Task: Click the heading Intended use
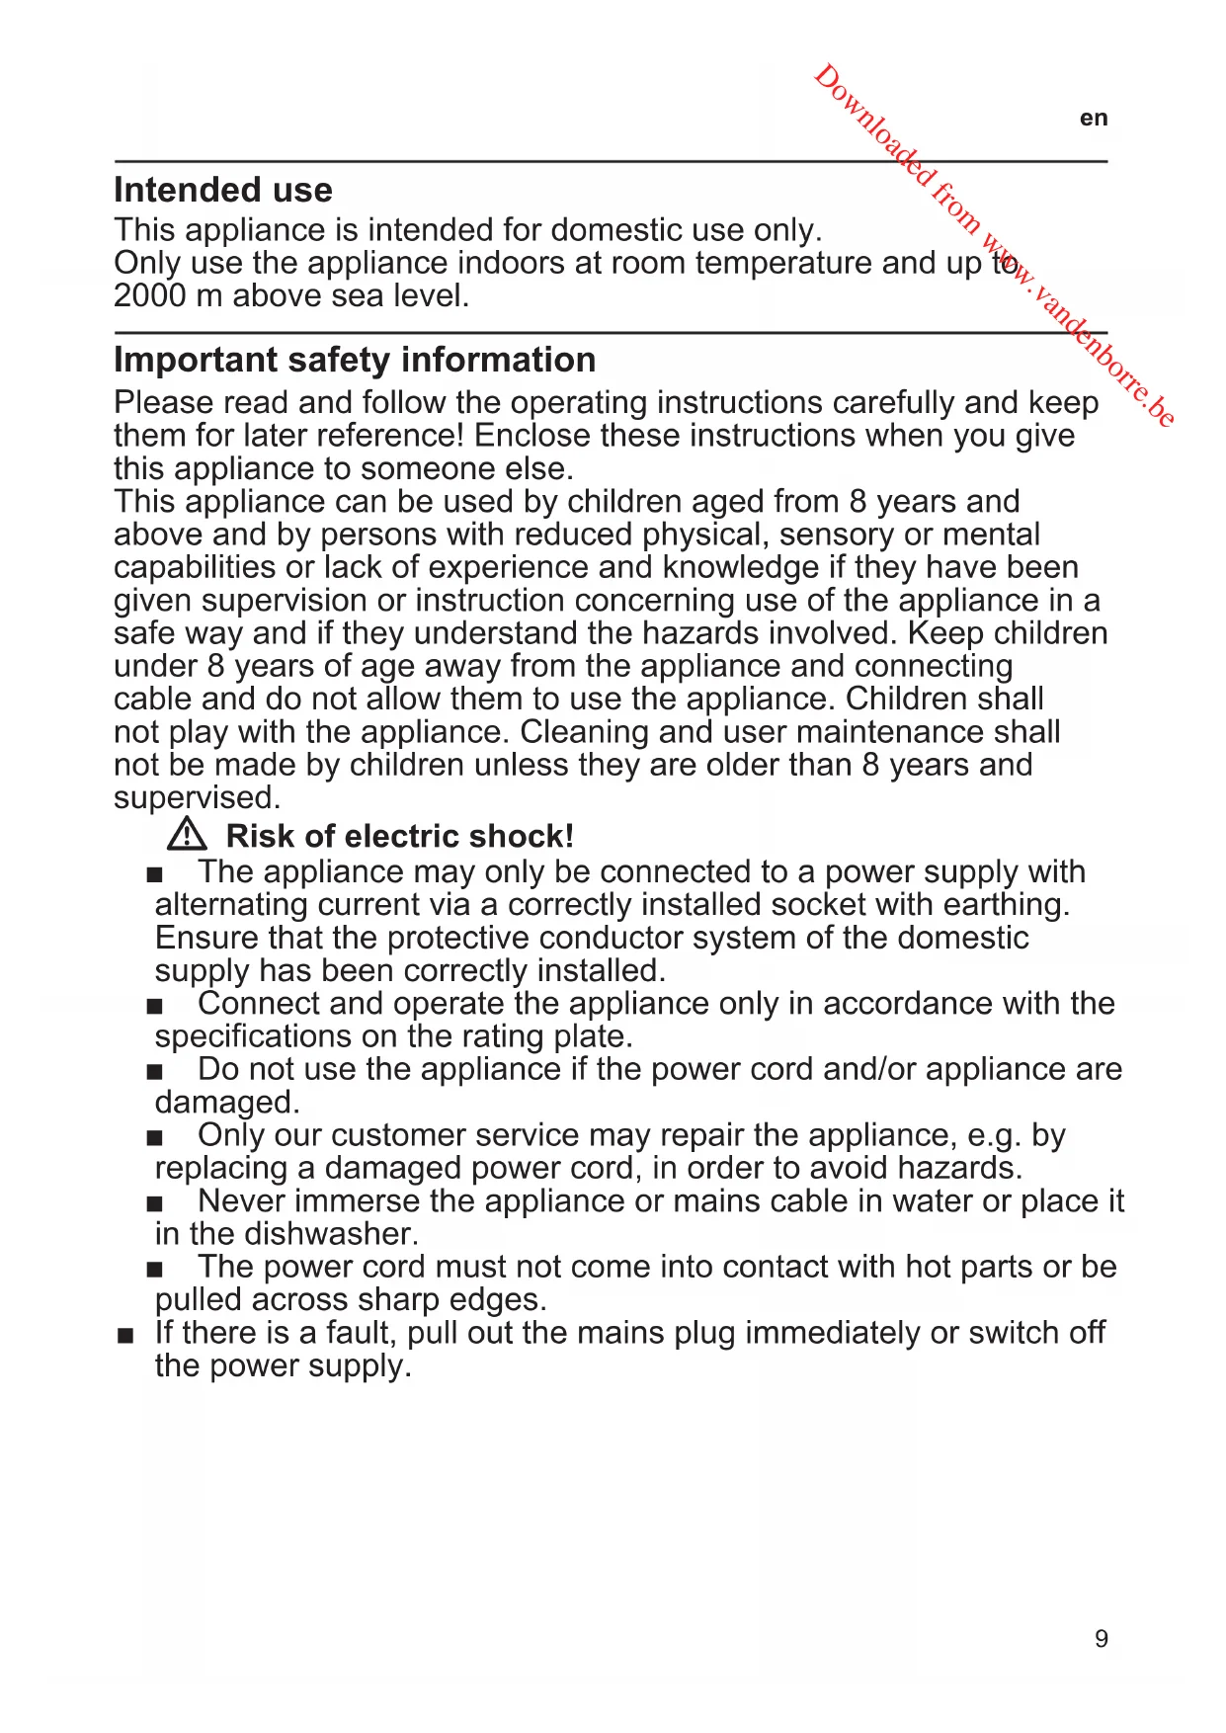click(x=223, y=190)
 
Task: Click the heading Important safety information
click(x=355, y=360)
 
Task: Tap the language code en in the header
click(x=1094, y=119)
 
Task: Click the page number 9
click(x=1102, y=1639)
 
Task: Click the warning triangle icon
click(x=187, y=835)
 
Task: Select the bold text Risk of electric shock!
click(x=399, y=836)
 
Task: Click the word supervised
click(x=197, y=797)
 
